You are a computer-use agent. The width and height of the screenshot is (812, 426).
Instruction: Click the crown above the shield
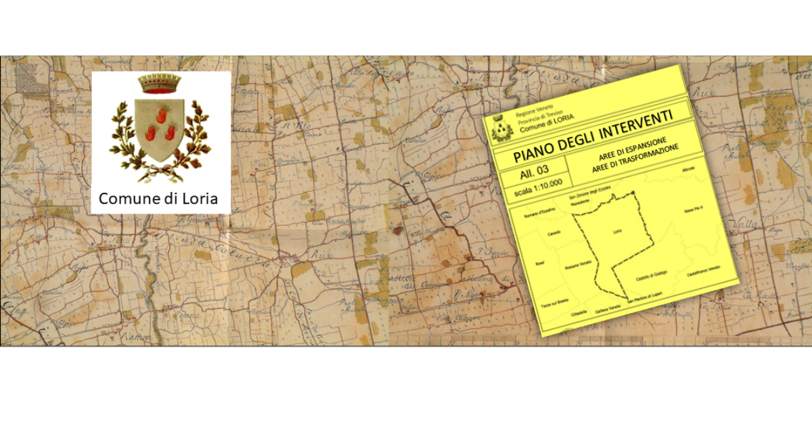pos(161,84)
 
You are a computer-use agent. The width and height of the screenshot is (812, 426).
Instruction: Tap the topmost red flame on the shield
pos(162,110)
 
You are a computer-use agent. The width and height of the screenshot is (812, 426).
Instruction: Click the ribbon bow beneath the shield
pos(161,173)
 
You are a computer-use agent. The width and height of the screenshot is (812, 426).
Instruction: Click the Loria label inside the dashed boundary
pos(616,231)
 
